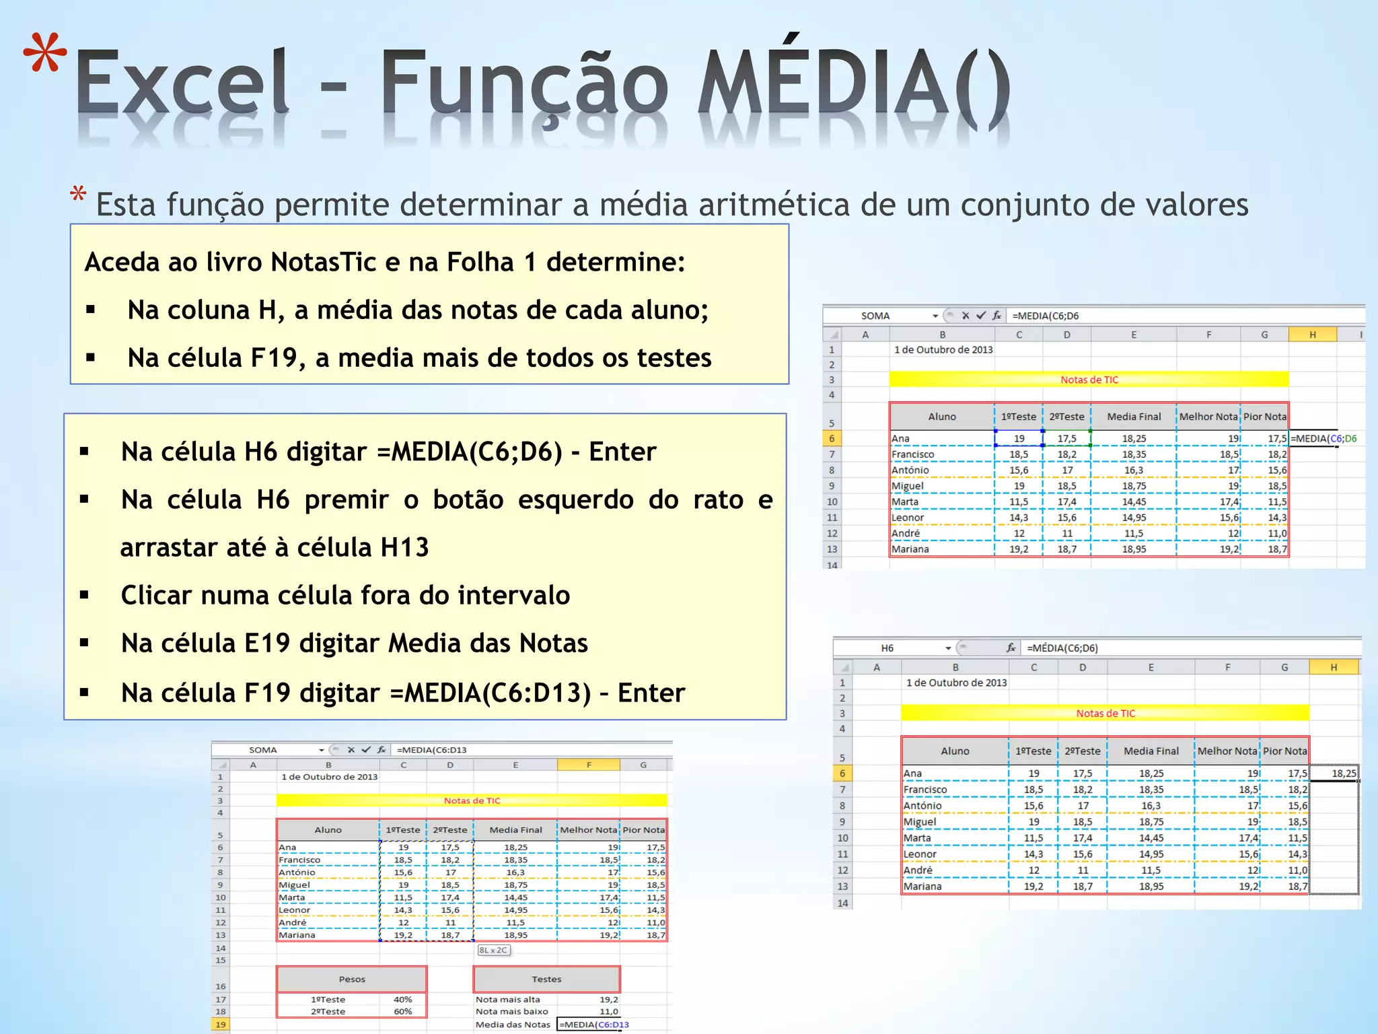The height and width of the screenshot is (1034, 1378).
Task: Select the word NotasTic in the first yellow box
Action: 324,262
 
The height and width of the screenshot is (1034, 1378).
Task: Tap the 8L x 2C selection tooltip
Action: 494,950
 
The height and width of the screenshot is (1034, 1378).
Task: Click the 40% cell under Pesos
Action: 402,1000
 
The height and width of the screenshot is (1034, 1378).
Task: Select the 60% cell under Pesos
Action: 402,1011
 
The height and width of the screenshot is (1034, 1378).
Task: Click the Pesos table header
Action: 352,979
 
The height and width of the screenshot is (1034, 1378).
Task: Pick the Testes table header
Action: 546,979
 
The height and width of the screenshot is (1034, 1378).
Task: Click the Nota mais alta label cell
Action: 508,1000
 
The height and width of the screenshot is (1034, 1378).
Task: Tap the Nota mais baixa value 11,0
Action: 608,1011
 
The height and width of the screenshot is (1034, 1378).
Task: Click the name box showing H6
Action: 887,648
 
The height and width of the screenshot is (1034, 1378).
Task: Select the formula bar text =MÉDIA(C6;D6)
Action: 1062,648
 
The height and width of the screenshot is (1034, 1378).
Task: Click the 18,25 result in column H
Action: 1344,773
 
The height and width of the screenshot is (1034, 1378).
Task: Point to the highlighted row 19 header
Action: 220,1025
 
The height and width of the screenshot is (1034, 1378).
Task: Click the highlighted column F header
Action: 588,765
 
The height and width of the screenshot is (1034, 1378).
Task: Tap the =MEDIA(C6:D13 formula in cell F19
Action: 595,1025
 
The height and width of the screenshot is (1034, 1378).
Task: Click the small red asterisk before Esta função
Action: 78,195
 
